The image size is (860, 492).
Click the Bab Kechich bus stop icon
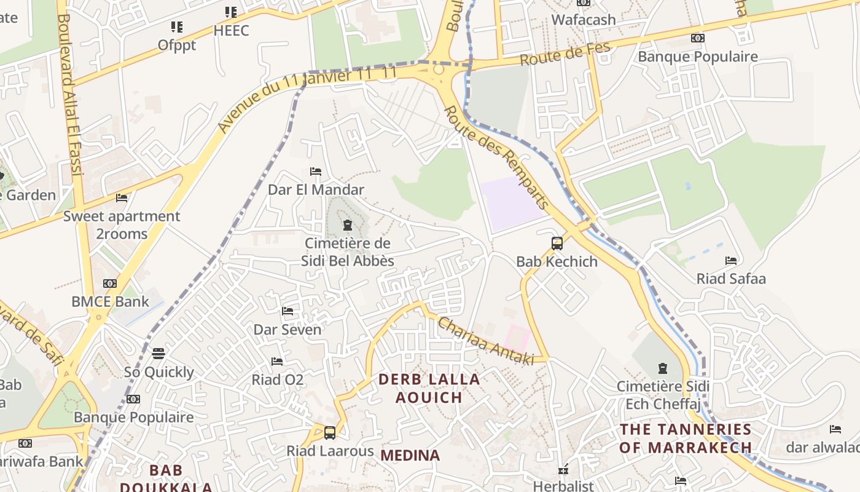coord(557,244)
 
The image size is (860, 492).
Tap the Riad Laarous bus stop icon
coord(330,432)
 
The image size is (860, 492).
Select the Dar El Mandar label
coord(316,189)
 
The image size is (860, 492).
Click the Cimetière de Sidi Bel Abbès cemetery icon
coord(348,225)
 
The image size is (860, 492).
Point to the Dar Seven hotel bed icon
coord(287,311)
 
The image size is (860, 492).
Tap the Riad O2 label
coord(278,379)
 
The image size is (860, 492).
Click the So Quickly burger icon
coord(158,354)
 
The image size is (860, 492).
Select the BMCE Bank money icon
coord(110,284)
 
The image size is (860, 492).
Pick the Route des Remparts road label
coord(496,157)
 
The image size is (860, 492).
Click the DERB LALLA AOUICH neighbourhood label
coord(429,388)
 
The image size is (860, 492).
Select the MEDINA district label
coord(410,456)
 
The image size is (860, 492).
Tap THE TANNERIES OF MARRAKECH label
coord(685,438)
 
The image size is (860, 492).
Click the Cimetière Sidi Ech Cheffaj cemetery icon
coord(662,368)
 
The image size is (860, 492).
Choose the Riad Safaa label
coord(731,279)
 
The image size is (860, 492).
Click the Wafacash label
coord(583,20)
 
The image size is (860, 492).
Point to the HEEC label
coord(232,30)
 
